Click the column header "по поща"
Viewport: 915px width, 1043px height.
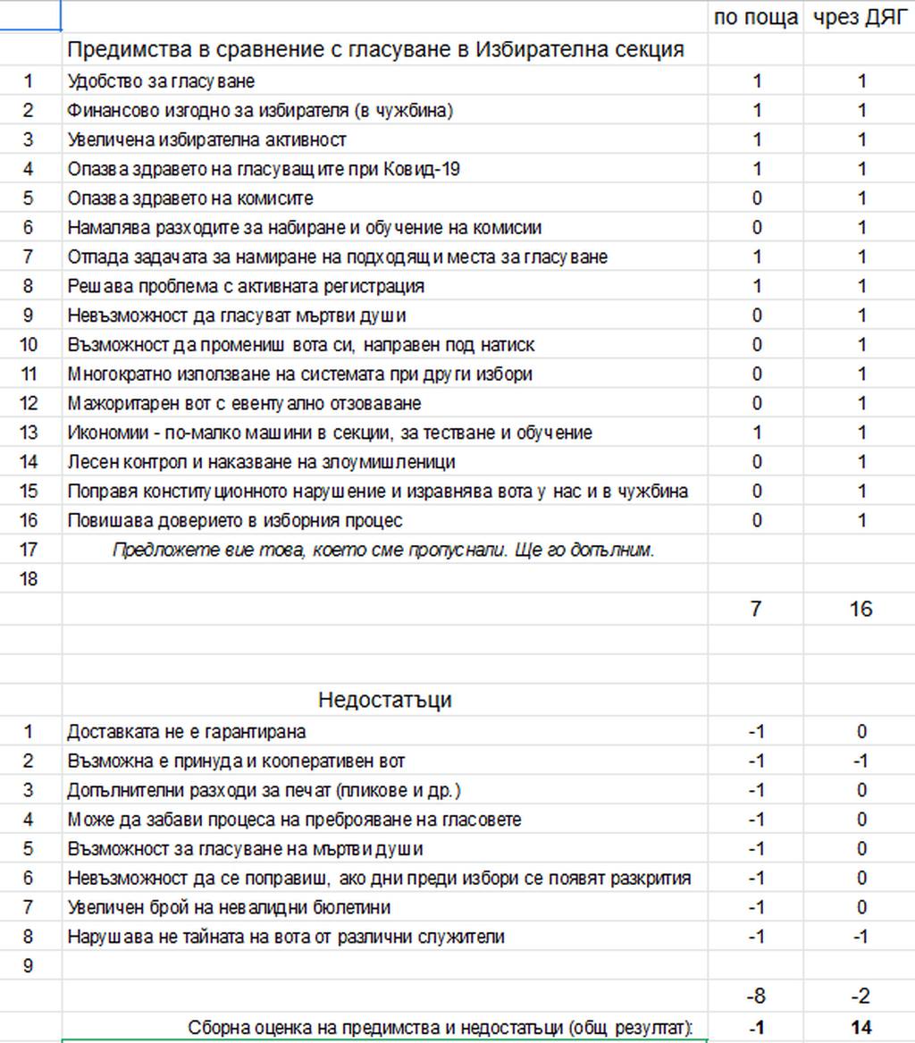[x=756, y=18]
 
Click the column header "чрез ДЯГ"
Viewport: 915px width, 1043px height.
[x=860, y=18]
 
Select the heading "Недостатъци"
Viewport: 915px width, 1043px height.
[x=384, y=700]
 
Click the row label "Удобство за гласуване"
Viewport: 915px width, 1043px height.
[x=161, y=81]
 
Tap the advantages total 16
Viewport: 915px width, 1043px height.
[x=860, y=610]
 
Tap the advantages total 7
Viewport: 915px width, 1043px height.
[x=756, y=610]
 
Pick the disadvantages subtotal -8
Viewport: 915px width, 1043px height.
[x=756, y=996]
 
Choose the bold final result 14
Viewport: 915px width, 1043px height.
[x=860, y=1028]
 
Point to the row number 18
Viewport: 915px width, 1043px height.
[x=29, y=579]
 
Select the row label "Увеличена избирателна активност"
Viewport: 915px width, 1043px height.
[x=206, y=140]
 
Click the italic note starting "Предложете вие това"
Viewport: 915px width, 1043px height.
[x=383, y=551]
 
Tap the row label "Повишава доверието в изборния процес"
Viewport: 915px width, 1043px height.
[x=235, y=521]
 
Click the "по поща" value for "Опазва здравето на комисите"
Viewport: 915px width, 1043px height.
[x=756, y=198]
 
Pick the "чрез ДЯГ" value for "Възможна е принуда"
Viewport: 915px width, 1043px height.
[x=860, y=761]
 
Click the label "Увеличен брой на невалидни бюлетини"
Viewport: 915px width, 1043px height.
[x=229, y=908]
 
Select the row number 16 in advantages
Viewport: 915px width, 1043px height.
[x=29, y=521]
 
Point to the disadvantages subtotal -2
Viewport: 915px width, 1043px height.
[x=860, y=996]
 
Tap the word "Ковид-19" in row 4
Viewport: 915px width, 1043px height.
[x=424, y=169]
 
